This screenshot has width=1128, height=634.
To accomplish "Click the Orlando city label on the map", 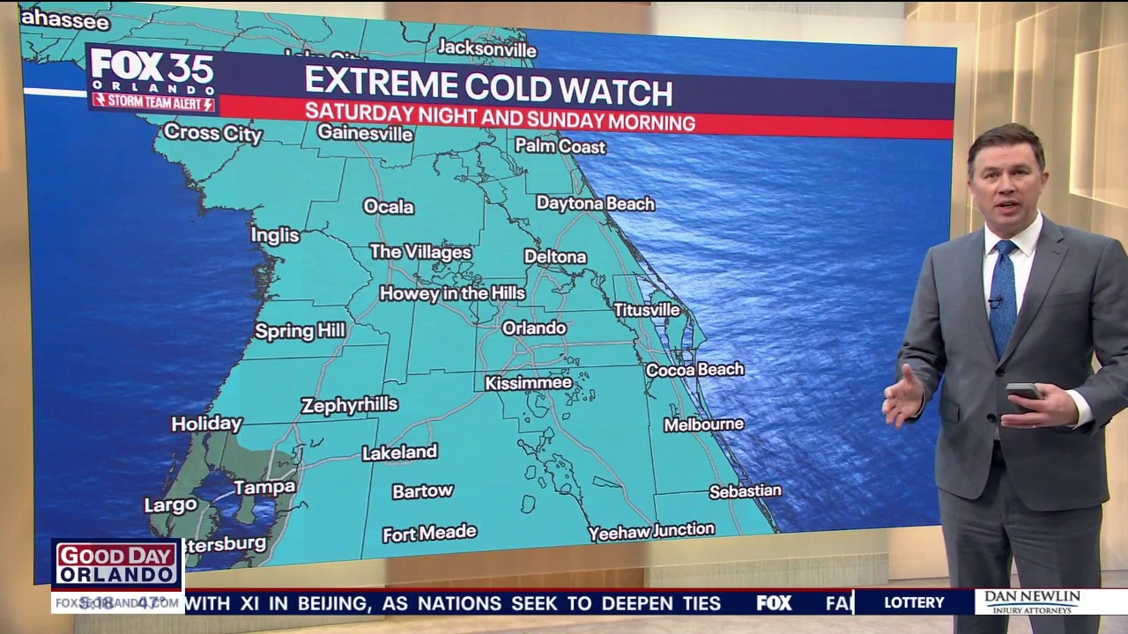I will tap(534, 328).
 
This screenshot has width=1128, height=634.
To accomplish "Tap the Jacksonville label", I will tap(486, 48).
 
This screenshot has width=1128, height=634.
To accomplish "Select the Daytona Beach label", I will tap(595, 203).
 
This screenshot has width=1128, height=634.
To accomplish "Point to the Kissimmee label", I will tap(529, 383).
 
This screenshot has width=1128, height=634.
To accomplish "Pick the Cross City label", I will tap(213, 133).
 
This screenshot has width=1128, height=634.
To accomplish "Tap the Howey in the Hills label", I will tap(452, 293).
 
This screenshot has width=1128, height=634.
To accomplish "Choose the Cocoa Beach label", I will tap(694, 370).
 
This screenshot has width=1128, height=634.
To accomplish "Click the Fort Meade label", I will tap(429, 534).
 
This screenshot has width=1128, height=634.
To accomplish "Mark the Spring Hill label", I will tap(300, 332).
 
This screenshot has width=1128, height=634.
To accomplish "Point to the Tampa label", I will tap(264, 487).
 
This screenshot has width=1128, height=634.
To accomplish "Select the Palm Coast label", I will tap(560, 146).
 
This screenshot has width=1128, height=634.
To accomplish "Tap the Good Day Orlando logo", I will tap(117, 564).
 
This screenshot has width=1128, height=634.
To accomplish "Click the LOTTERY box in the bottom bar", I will tap(914, 602).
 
